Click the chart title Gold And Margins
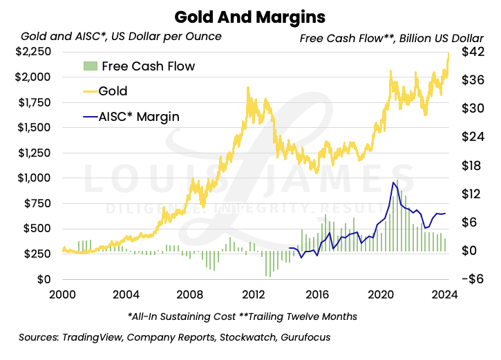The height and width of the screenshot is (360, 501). click(250, 15)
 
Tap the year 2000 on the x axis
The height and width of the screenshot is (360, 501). click(62, 294)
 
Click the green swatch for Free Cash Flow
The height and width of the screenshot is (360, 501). click(89, 66)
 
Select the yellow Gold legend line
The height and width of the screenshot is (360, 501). click(88, 91)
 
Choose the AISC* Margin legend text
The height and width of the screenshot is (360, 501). click(139, 117)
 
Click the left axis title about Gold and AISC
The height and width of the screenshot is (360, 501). click(122, 36)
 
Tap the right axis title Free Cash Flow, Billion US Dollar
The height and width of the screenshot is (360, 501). click(391, 38)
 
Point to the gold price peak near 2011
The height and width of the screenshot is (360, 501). click(247, 87)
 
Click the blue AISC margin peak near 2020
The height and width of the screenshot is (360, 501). click(393, 182)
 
